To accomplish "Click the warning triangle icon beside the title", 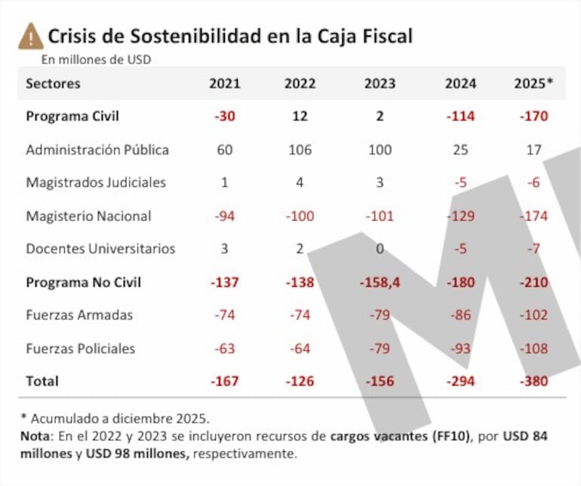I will pos(31,35).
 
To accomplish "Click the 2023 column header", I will pos(380,84).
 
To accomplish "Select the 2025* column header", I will pos(533,84).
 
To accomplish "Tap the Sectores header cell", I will pos(53,84).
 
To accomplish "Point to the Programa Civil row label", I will pos(72,116).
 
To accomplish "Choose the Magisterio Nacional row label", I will pos(88,216).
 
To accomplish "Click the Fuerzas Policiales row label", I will pos(81,349).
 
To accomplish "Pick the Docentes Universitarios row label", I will pos(100,249).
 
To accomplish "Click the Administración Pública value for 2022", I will pos(300,149).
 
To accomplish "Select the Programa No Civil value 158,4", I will pos(380,282).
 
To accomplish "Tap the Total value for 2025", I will pos(533,382).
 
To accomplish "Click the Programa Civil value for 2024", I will pos(460,116).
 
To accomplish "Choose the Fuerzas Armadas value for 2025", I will pos(533,315).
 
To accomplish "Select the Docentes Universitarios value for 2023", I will pos(380,249).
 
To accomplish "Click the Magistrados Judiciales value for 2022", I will pos(300,183).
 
